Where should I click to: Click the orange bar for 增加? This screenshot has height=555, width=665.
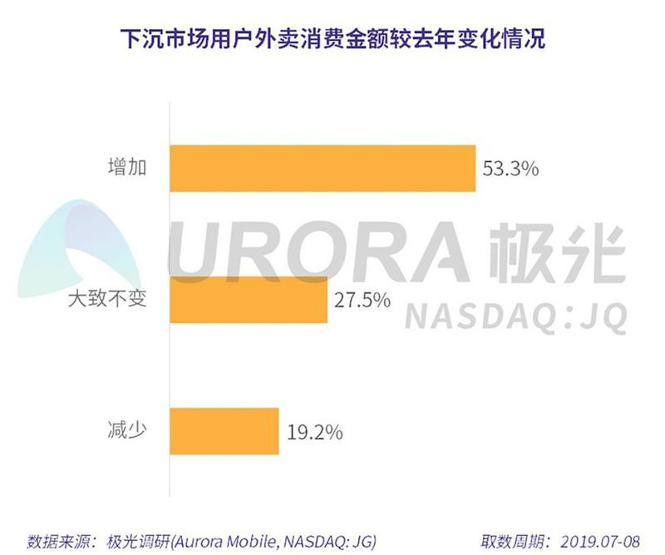click(x=323, y=169)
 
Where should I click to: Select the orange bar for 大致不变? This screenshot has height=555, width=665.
click(x=249, y=300)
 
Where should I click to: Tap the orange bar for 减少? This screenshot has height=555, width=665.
click(x=224, y=431)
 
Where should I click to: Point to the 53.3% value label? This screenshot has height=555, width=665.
click(x=511, y=169)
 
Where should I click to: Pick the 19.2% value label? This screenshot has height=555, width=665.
click(x=313, y=431)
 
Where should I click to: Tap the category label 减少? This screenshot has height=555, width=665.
click(x=126, y=431)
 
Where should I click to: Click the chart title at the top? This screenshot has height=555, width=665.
click(x=332, y=39)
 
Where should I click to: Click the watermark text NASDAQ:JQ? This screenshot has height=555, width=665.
click(x=516, y=316)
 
